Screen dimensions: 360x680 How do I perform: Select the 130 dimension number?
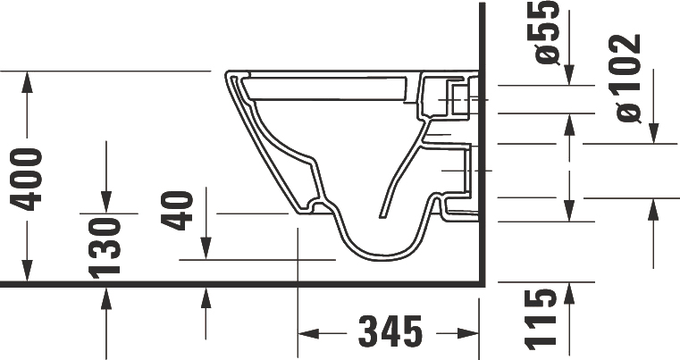pyautogui.click(x=106, y=247)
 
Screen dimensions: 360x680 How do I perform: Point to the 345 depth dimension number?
pyautogui.click(x=390, y=332)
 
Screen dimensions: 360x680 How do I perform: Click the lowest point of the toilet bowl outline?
pyautogui.click(x=380, y=258)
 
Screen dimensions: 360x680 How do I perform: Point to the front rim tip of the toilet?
pyautogui.click(x=218, y=71)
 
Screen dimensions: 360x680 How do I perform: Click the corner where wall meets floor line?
pyautogui.click(x=483, y=283)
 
